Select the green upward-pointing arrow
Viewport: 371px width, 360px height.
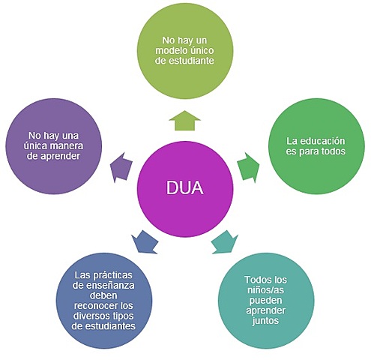tap(184, 119)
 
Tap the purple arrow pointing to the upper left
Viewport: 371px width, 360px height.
tap(120, 166)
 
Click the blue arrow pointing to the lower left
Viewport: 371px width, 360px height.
tap(144, 242)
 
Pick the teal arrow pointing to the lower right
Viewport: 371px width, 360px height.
tap(223, 241)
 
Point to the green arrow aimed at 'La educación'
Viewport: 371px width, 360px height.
tap(248, 166)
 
